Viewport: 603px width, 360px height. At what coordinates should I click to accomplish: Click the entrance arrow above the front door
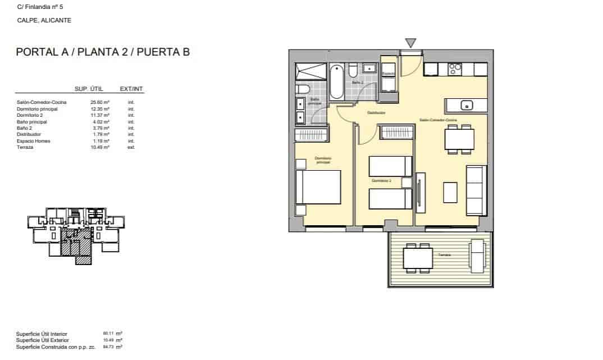coord(411,43)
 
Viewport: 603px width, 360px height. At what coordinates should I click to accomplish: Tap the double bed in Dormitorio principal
coord(318,187)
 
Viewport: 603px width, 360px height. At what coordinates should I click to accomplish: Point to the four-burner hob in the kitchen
coord(455,69)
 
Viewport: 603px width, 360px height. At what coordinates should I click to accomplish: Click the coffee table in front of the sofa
coord(450,192)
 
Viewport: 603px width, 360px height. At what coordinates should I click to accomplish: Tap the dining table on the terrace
coord(418,258)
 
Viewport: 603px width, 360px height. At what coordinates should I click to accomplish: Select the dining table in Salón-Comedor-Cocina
coord(459,139)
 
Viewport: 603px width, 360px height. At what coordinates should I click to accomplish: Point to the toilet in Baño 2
coord(353,70)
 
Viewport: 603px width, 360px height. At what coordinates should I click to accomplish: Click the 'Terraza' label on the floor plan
coord(445,255)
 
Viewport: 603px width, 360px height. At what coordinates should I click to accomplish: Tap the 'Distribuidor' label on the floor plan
coord(376,113)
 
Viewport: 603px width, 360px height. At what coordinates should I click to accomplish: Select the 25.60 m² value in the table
coord(100,102)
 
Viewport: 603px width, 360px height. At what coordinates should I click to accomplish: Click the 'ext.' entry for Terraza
coord(131,147)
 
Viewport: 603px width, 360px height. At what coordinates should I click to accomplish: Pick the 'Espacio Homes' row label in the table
coord(34,141)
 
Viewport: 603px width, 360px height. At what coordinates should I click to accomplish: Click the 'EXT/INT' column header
coord(132,89)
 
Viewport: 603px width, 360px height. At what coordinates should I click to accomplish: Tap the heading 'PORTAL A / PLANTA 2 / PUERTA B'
coord(103,53)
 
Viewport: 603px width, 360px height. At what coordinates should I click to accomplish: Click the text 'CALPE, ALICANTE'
coord(44,20)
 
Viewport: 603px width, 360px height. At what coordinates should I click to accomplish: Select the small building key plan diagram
coord(75,233)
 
